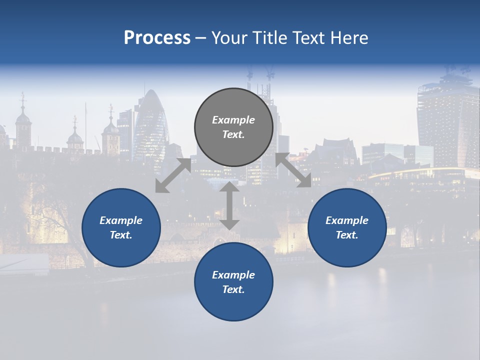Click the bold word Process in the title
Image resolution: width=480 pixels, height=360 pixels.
pyautogui.click(x=157, y=38)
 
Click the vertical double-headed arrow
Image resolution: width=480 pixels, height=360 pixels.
pyautogui.click(x=229, y=206)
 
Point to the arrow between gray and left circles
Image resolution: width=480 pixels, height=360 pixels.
pyautogui.click(x=173, y=175)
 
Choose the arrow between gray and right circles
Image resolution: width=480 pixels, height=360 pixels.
pyautogui.click(x=293, y=170)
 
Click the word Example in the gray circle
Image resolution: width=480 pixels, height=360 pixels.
pyautogui.click(x=233, y=120)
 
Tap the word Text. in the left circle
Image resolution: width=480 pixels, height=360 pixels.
pyautogui.click(x=121, y=235)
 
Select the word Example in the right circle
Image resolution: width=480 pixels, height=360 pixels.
pyautogui.click(x=347, y=220)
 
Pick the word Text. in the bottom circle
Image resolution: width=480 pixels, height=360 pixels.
pyautogui.click(x=233, y=289)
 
